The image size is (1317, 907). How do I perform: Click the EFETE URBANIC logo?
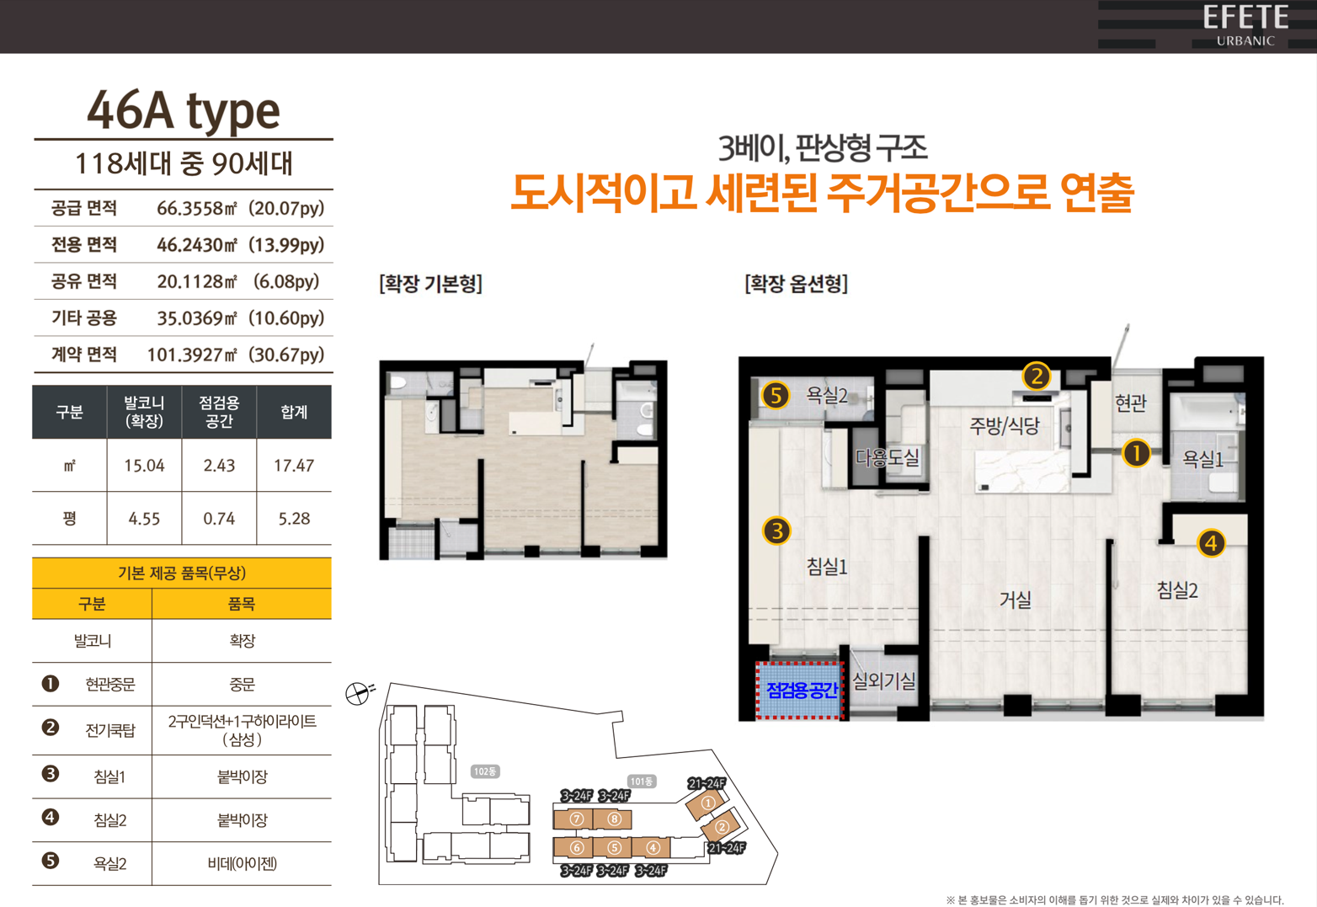[1245, 24]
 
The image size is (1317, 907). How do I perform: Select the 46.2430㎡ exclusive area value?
[197, 244]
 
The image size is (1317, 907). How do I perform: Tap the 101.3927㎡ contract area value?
[192, 355]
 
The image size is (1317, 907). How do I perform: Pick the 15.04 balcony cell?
[144, 466]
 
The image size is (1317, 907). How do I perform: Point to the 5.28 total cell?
[294, 519]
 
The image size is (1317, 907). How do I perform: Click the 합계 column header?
[294, 412]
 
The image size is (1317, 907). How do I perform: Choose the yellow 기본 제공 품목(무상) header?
[182, 573]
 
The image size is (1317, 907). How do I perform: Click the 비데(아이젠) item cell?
[243, 863]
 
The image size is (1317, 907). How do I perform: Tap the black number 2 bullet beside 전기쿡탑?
[51, 728]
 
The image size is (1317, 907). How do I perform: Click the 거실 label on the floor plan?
[1016, 600]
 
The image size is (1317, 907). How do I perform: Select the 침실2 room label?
[1177, 590]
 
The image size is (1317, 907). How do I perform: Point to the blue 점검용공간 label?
[802, 690]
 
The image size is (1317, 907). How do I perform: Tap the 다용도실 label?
[888, 456]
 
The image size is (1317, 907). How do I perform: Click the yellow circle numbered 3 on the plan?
[776, 531]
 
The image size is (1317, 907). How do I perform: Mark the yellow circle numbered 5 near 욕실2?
[776, 395]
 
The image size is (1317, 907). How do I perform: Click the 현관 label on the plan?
[1131, 403]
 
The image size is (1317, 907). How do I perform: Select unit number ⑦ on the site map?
[577, 819]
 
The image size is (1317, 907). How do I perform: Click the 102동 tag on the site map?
[485, 771]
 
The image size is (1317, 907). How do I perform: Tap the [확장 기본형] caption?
[431, 284]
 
